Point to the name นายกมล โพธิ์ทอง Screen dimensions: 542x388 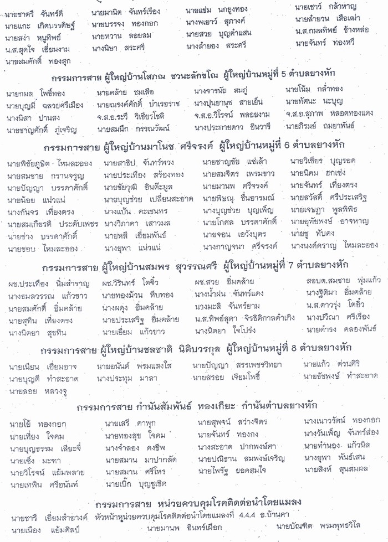[x=33, y=93]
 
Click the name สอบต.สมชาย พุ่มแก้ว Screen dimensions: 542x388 [x=339, y=282]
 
